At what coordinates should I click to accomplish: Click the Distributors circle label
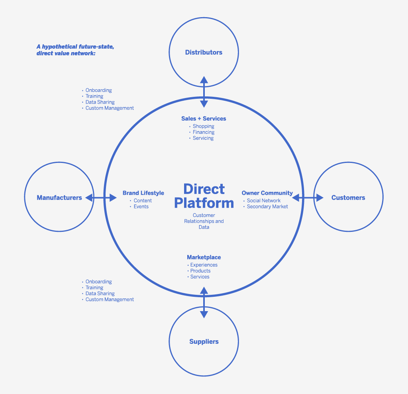204,52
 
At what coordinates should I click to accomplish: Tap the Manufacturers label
59,198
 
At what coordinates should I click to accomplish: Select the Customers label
348,198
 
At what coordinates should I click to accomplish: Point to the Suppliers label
204,341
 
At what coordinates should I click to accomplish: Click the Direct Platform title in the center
204,196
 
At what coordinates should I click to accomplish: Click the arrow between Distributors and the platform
204,92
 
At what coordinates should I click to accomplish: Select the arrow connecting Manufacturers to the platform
100,198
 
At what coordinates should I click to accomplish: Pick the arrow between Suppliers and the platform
204,302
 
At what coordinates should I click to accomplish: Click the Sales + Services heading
204,118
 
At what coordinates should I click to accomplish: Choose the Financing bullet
203,132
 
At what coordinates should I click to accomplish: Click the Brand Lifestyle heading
143,193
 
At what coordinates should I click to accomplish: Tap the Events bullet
141,207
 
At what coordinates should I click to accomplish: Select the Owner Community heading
267,193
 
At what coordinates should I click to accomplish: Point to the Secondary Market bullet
267,207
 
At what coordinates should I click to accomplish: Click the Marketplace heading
204,257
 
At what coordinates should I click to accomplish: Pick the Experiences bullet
204,265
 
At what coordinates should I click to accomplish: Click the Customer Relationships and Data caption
204,221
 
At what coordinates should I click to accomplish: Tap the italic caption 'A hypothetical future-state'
75,47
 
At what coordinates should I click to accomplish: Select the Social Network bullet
263,201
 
